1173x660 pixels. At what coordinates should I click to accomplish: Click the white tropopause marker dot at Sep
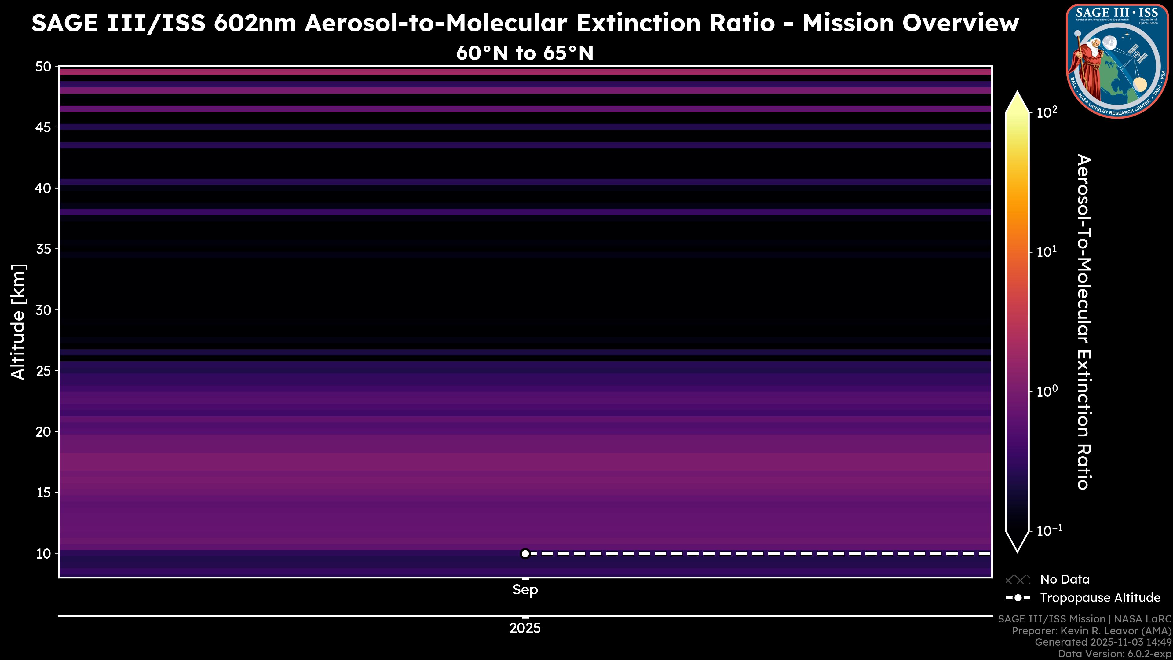pos(525,553)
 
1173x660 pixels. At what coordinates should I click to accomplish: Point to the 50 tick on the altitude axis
pos(43,67)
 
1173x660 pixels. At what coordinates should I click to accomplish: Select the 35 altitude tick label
pos(43,249)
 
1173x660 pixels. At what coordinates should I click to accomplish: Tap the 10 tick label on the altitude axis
pos(44,553)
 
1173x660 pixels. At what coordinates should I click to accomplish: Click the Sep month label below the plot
pos(525,590)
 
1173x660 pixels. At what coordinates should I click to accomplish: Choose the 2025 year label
pos(525,628)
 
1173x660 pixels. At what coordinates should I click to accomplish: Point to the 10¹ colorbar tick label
pos(1047,251)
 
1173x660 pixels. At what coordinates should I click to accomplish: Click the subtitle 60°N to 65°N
pos(525,53)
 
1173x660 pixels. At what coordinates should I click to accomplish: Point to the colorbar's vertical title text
pos(1084,322)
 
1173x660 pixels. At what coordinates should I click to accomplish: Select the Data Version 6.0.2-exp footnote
pos(1114,654)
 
